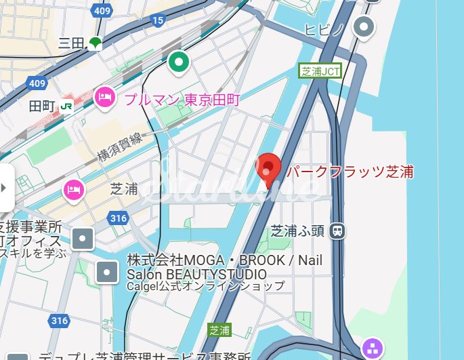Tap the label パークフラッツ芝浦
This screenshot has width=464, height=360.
click(x=350, y=172)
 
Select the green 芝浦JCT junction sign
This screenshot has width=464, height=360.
click(x=320, y=71)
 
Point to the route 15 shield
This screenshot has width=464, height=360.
click(x=159, y=21)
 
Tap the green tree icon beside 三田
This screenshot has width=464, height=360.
click(x=95, y=43)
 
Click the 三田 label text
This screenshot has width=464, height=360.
click(x=71, y=43)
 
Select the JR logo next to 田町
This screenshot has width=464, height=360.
click(x=66, y=106)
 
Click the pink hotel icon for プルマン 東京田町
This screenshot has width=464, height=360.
click(x=105, y=98)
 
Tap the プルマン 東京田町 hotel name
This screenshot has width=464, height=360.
click(x=182, y=100)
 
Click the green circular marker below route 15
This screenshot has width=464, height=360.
click(x=179, y=63)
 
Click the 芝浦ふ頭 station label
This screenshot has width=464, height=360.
click(x=297, y=231)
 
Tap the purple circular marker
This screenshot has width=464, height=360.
click(x=373, y=348)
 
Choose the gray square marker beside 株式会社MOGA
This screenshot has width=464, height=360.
click(x=108, y=272)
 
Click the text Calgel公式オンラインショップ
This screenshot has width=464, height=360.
click(x=206, y=286)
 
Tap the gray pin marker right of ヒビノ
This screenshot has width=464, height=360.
click(x=365, y=27)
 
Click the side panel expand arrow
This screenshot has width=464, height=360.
click(x=5, y=187)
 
